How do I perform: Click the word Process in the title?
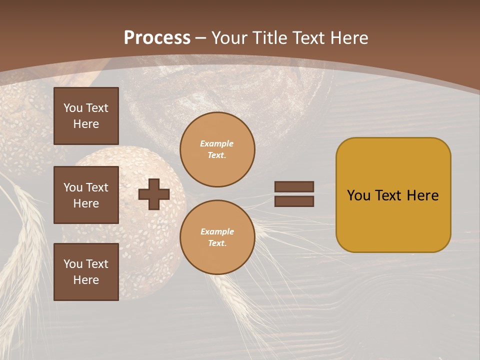[157, 38]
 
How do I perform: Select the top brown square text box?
[86, 116]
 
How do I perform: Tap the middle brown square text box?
[86, 195]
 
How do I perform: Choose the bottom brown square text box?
[86, 272]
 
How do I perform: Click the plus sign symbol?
[154, 194]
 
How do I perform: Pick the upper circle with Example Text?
[217, 149]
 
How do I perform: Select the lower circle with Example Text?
[217, 237]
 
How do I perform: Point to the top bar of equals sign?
[294, 186]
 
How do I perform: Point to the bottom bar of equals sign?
[294, 201]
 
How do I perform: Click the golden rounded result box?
[393, 195]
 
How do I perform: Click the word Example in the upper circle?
[217, 143]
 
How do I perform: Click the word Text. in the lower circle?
[217, 243]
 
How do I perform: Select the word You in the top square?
[73, 108]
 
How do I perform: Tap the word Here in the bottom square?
[86, 280]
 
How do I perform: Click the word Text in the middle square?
[97, 187]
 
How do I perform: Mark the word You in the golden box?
[358, 195]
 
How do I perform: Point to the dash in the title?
[201, 38]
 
